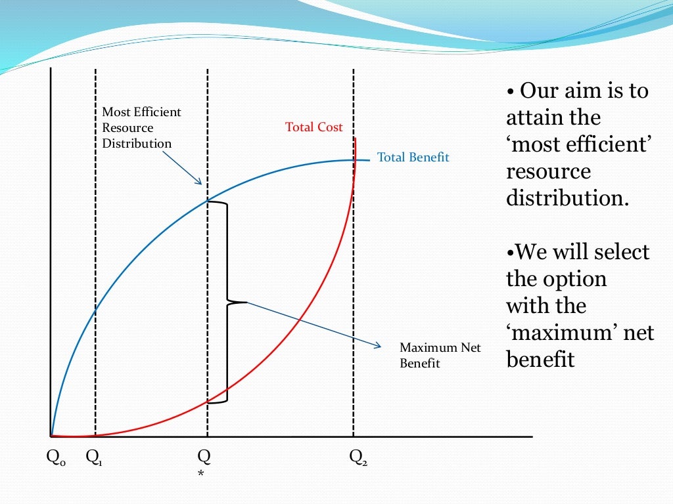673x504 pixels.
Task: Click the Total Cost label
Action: [313, 127]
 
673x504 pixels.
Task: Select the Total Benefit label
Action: [413, 157]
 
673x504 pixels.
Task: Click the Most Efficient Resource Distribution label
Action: [141, 128]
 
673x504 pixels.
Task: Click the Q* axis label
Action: [204, 461]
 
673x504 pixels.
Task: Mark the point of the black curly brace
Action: [246, 302]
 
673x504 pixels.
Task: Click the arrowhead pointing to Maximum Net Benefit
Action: [379, 346]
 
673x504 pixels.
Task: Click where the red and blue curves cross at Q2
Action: [354, 161]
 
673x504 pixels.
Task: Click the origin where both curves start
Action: [51, 436]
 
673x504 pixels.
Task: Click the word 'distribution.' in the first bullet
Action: [567, 198]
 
